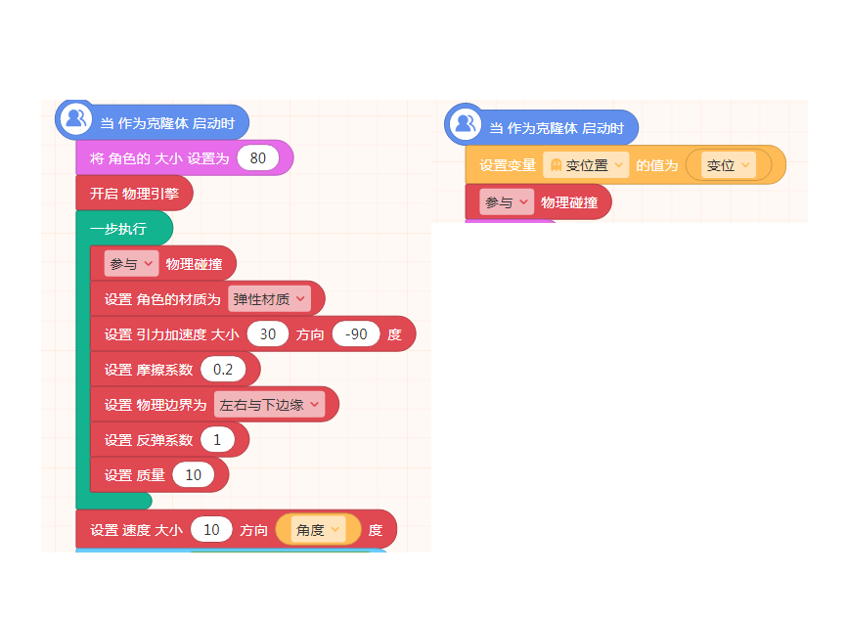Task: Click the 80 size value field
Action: point(257,157)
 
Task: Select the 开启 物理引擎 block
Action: point(134,194)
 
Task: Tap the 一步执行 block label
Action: point(118,229)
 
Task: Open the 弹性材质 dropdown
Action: point(269,299)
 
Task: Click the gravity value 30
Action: point(267,334)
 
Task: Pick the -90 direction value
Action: point(356,334)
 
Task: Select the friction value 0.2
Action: point(223,370)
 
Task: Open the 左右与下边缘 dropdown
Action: point(269,405)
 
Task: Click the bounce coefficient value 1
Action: point(217,440)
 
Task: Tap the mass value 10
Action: point(193,475)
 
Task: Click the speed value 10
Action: point(211,530)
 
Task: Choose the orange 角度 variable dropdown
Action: point(318,530)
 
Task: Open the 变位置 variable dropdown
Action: point(586,165)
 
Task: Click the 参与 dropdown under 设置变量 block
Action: point(507,202)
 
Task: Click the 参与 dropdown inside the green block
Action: point(131,264)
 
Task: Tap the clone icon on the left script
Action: point(75,118)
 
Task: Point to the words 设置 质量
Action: point(135,475)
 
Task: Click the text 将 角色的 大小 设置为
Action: point(159,158)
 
